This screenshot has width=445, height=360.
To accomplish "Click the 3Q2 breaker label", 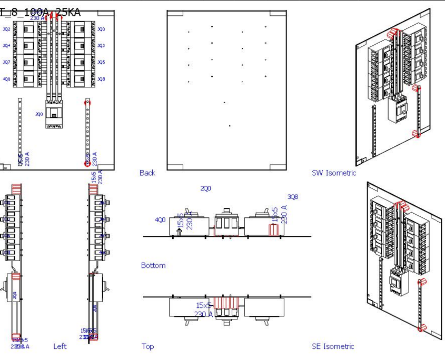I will coord(6,29).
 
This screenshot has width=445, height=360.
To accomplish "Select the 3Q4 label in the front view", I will coord(6,46).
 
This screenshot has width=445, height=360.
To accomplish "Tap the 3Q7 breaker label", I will coord(6,62).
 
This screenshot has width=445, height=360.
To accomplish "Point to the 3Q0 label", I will coord(101,29).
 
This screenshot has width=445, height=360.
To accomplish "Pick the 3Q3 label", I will coord(101,46).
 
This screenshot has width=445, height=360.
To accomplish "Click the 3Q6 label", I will coord(101,62).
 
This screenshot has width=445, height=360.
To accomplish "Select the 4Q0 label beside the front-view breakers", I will coord(6,79).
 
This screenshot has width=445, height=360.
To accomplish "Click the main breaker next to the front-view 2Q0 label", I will coord(54,114).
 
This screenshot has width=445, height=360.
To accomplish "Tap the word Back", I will coord(147,173).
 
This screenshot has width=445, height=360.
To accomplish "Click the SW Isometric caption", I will coord(333,173).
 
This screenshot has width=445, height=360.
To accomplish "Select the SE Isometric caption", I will coord(333,346).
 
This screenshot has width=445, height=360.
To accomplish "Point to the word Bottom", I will coord(153,265).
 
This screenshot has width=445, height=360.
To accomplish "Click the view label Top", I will coord(147,346).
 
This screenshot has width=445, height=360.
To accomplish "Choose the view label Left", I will coord(60,346).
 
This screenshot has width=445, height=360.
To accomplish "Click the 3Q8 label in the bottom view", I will coord(293,197).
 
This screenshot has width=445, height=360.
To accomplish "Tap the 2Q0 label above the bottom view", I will coord(205,188).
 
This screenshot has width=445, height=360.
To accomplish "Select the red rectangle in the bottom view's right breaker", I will coord(273,230).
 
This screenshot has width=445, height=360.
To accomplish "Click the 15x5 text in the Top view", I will coord(204,305).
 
